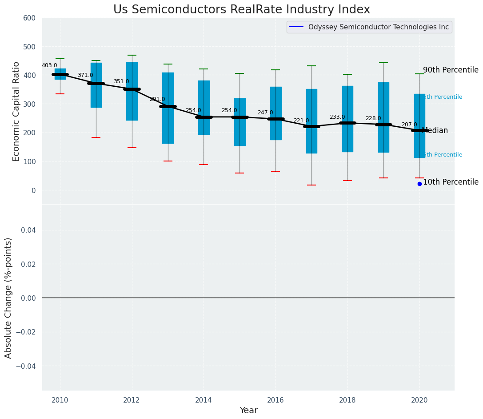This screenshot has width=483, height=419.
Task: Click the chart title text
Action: [x=241, y=10]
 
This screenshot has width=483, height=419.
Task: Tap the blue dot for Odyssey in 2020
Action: [x=419, y=184]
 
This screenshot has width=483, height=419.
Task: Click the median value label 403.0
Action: [x=49, y=65]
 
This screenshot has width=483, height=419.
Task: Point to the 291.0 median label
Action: [x=157, y=99]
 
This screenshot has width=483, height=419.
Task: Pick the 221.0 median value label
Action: [x=301, y=121]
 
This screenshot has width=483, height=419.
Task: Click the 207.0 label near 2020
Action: [x=409, y=125]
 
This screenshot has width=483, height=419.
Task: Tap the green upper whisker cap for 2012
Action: [x=132, y=55]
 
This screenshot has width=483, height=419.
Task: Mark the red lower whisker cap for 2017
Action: [x=311, y=185]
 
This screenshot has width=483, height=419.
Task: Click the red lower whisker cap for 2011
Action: [x=96, y=137]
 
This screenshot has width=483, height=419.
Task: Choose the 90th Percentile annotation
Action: [x=451, y=70]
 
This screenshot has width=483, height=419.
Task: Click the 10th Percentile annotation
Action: [x=451, y=182]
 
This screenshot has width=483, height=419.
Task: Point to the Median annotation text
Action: [x=435, y=130]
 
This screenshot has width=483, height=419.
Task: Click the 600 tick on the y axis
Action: [x=29, y=18]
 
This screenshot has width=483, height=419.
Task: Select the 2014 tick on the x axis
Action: [x=204, y=400]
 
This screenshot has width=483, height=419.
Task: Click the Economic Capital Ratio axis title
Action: [x=16, y=111]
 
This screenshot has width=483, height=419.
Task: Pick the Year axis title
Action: [x=248, y=411]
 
